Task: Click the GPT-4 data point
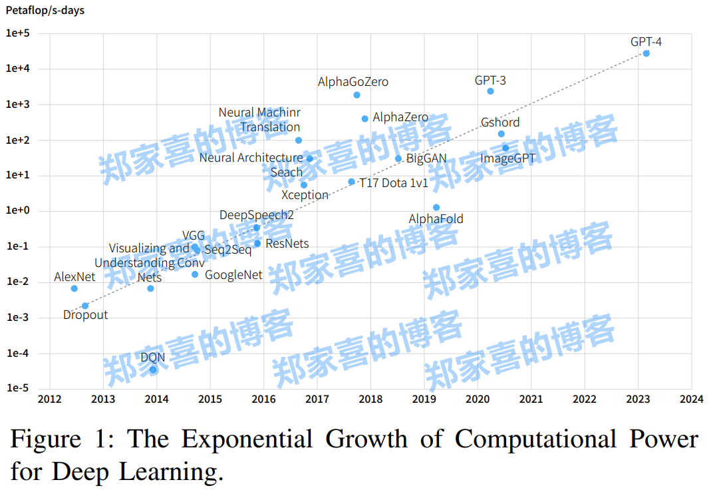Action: click(646, 53)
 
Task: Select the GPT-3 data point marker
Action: click(490, 91)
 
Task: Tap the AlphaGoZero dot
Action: click(356, 95)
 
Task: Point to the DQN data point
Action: click(153, 369)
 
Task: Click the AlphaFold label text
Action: click(436, 219)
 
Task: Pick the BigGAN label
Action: click(426, 158)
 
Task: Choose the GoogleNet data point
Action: click(195, 274)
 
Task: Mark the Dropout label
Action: click(85, 315)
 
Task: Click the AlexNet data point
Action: click(74, 288)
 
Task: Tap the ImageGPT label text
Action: click(507, 159)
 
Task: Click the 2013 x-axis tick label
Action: click(103, 399)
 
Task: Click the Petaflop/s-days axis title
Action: click(45, 11)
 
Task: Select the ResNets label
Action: click(287, 244)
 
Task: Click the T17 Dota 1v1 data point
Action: click(352, 182)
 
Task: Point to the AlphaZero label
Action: click(400, 117)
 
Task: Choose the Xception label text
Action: click(305, 195)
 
